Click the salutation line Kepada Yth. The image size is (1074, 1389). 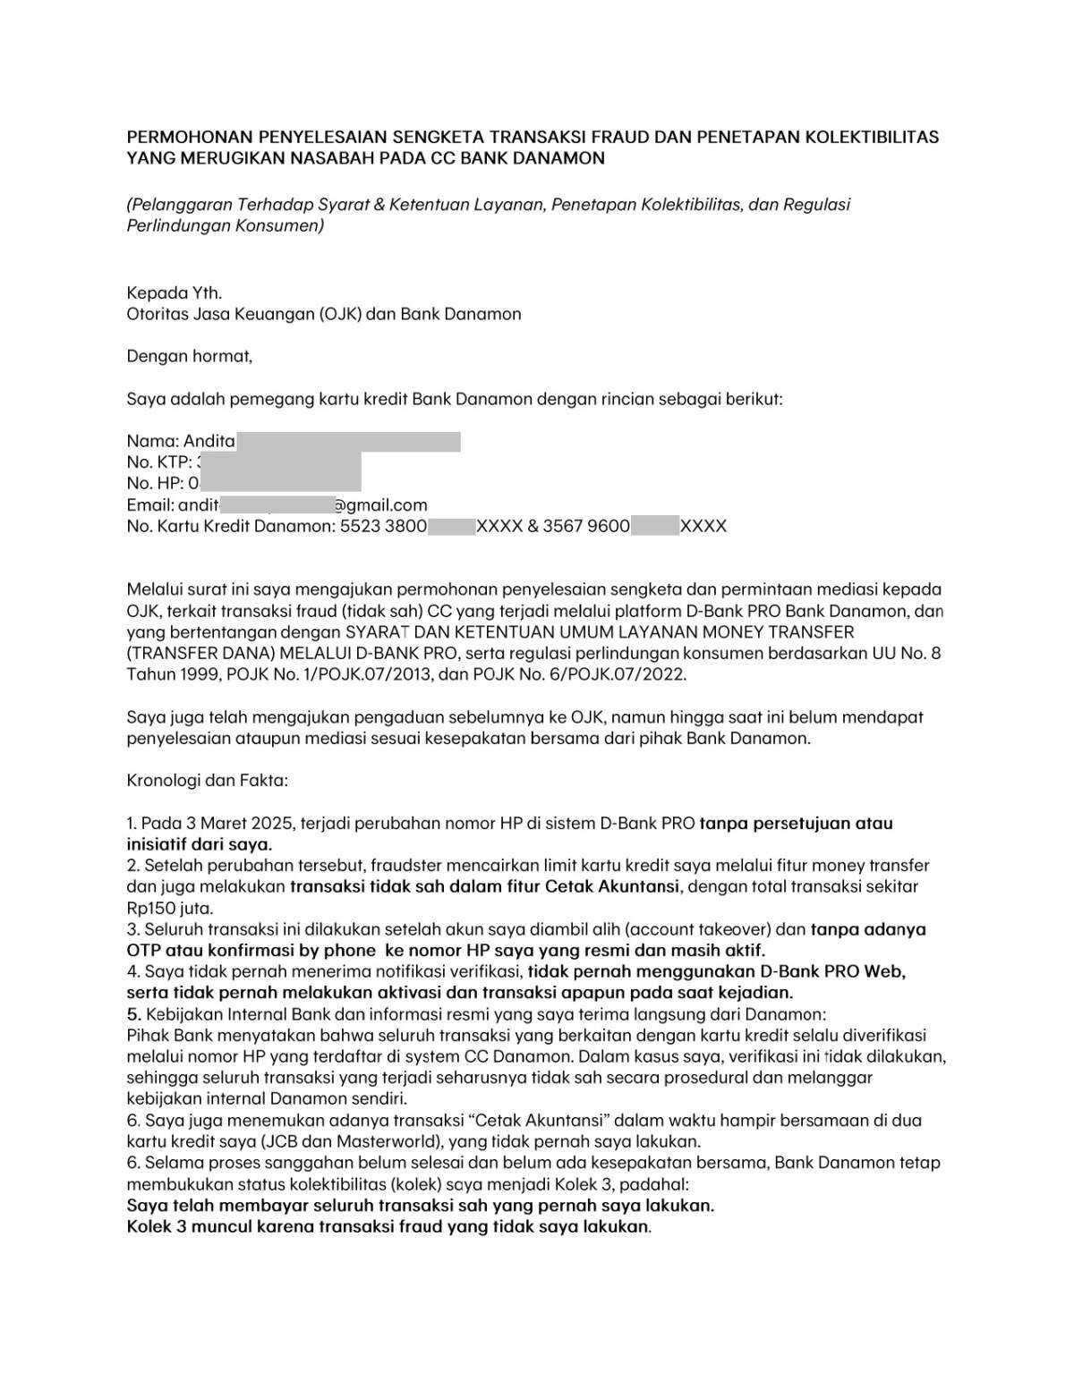(x=174, y=292)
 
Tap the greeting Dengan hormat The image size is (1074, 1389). (x=190, y=356)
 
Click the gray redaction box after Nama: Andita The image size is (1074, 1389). (x=349, y=441)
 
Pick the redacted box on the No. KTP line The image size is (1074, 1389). (x=279, y=462)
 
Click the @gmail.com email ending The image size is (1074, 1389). (x=380, y=505)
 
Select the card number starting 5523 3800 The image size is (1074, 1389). (x=431, y=527)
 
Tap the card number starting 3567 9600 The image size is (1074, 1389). (x=635, y=527)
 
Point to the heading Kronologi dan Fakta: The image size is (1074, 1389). (x=208, y=781)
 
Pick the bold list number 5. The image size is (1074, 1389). (x=133, y=1014)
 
